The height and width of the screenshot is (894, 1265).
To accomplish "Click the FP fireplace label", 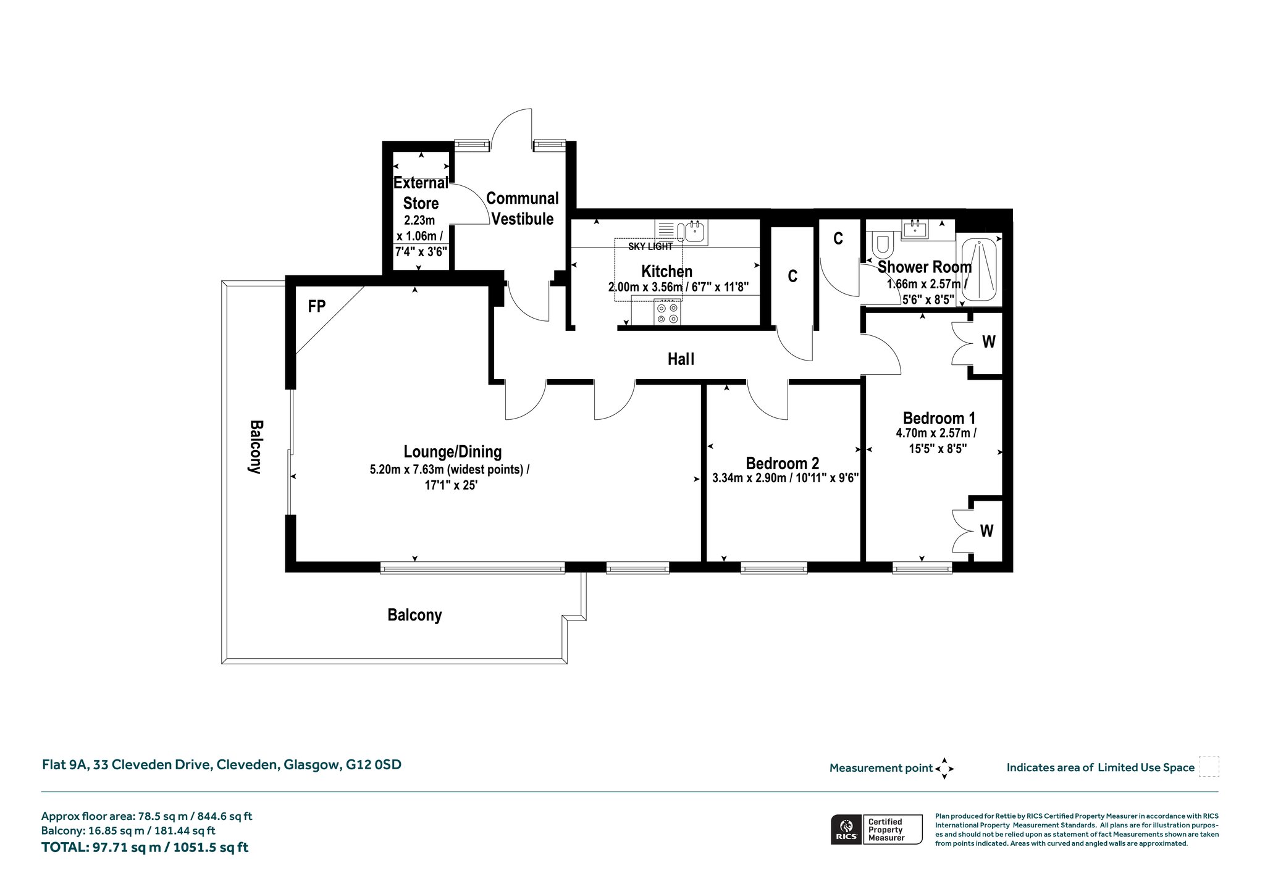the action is coord(317,306).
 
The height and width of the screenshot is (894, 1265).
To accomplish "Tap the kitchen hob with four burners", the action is coord(667,312).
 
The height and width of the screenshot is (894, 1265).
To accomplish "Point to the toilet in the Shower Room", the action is coord(881,246).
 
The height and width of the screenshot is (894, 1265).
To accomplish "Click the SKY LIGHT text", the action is coord(650,246).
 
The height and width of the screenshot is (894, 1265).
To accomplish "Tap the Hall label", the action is coord(681,359).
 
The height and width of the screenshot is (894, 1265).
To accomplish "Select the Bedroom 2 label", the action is coord(782,463).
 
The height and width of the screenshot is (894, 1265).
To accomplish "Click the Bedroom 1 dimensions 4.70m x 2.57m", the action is coord(936,433).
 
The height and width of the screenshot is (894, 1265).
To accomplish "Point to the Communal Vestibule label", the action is coord(523,209).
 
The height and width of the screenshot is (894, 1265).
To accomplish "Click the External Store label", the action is coord(421,193).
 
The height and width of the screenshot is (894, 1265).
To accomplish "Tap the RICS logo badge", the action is coord(876,830).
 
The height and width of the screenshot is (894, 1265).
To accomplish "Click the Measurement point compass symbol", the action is coord(944,769).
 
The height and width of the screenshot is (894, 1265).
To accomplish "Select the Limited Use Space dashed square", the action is coord(1209,767).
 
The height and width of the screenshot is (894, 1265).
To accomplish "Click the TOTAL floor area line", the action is coord(145,848).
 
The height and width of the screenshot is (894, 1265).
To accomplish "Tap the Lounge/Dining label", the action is coord(453,452).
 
